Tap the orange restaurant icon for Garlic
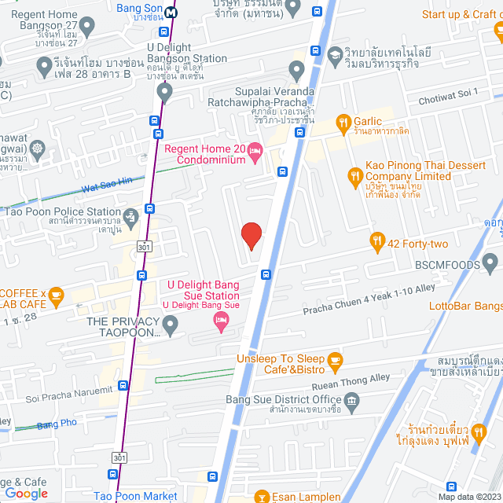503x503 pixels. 343,122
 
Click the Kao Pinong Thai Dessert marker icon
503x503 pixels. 354,176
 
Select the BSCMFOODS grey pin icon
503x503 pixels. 491,261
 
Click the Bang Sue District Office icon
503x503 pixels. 351,402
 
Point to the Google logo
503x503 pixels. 26,493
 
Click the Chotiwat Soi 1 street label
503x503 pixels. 448,94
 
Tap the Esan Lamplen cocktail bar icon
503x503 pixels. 261,496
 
